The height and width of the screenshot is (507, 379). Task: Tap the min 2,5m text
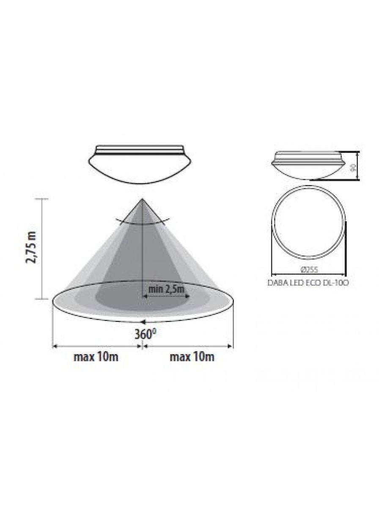pos(167,289)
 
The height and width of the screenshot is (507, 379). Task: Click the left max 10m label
pos(96,357)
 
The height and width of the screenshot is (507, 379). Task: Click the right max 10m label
pos(192,357)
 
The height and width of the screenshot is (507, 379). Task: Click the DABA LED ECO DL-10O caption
pos(308,283)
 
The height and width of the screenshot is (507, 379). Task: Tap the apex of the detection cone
pos(142,199)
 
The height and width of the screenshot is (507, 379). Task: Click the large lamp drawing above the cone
pos(140,164)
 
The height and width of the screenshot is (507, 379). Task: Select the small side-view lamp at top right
pos(308,165)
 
